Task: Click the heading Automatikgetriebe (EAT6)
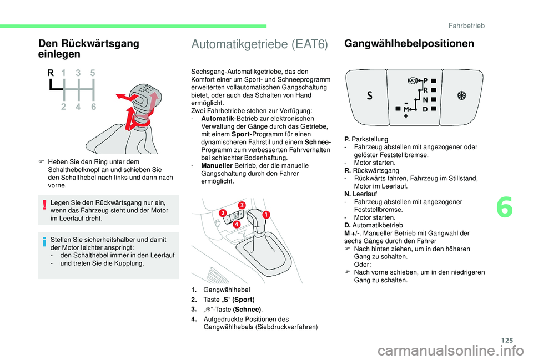click(259, 44)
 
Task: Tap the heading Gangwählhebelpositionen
click(410, 43)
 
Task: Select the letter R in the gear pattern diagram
click(50, 73)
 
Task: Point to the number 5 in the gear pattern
click(92, 73)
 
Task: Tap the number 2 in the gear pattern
click(64, 108)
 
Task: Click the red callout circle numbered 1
click(266, 214)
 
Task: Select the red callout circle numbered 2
click(222, 214)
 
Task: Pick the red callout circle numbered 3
click(242, 206)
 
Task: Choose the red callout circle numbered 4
click(236, 225)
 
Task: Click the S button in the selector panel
click(370, 95)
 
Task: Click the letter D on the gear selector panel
click(425, 109)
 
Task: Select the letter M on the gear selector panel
click(406, 109)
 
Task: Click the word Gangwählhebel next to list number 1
click(227, 290)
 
